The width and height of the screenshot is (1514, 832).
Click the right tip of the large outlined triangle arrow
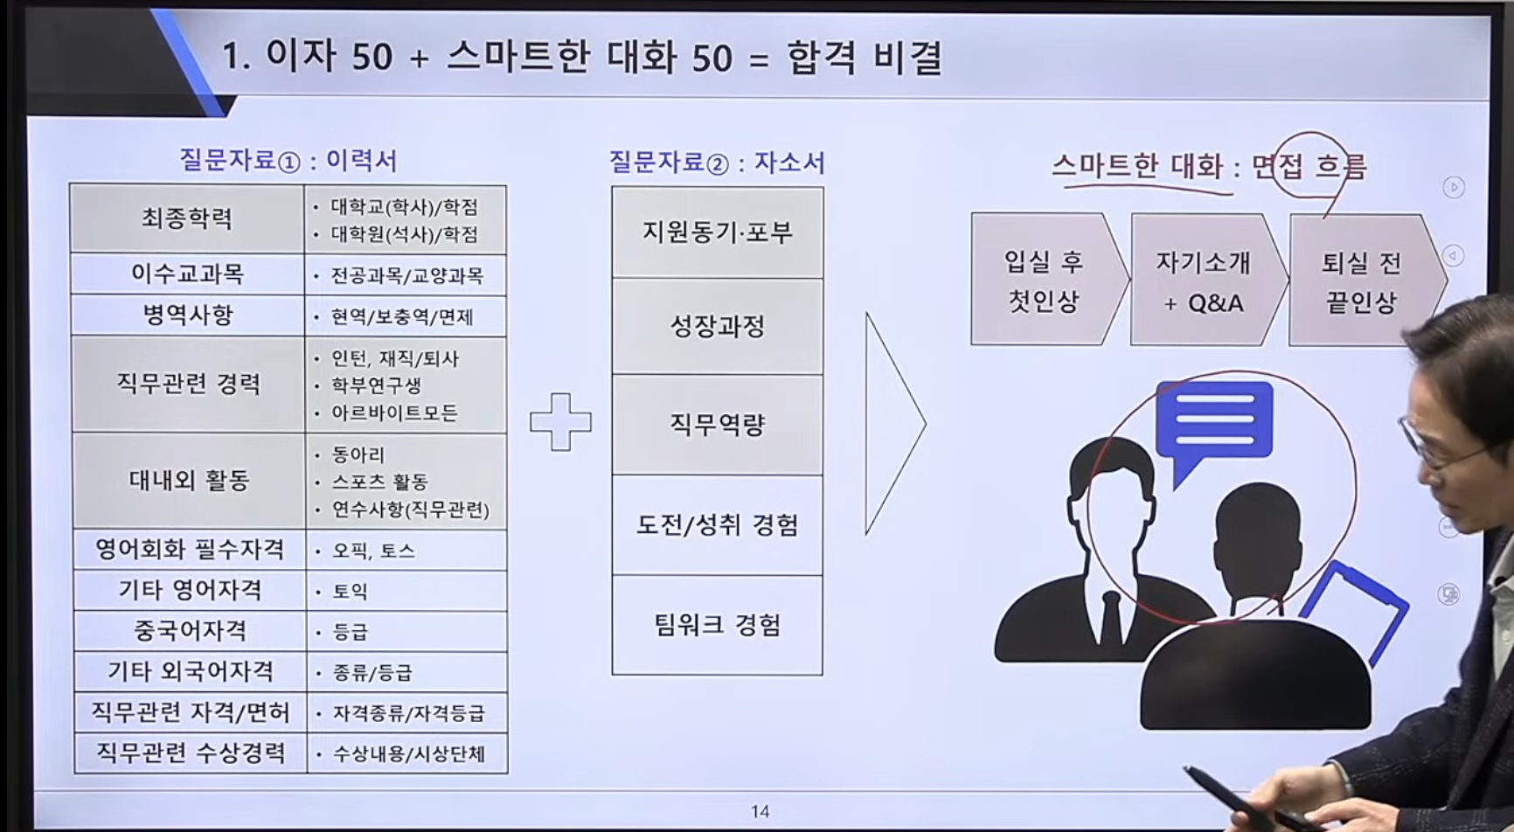click(x=926, y=424)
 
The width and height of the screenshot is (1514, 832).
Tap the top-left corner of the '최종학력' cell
click(x=70, y=184)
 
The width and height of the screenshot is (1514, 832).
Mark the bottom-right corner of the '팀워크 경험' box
click(x=823, y=675)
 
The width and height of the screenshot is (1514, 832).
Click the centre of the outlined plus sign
click(x=560, y=422)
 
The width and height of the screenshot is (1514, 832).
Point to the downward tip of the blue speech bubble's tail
click(x=1175, y=489)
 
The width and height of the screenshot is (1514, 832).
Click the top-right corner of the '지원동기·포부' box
click(x=823, y=187)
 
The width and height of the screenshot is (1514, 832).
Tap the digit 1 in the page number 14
click(x=755, y=812)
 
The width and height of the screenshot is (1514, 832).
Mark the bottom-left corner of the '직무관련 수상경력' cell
click(x=75, y=773)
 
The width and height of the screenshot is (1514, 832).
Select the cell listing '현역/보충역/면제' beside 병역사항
click(x=405, y=316)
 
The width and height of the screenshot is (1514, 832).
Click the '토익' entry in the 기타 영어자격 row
click(x=351, y=592)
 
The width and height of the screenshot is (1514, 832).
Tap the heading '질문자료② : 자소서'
click(x=717, y=163)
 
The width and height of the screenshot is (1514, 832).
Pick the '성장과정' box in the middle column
click(x=717, y=327)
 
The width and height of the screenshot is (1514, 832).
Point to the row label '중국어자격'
click(x=190, y=631)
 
